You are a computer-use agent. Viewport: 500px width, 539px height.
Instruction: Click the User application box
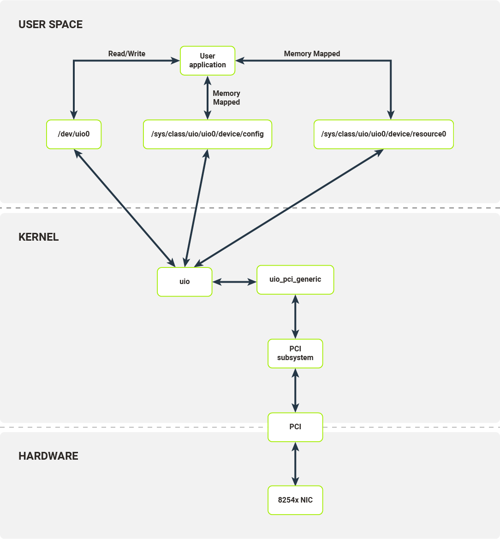click(208, 60)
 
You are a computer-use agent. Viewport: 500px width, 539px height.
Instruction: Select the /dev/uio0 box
click(74, 134)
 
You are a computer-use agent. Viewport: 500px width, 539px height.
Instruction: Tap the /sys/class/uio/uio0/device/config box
click(208, 134)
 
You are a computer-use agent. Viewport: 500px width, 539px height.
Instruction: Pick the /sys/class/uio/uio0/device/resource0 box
click(383, 134)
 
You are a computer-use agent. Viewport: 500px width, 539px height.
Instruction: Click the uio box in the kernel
click(185, 282)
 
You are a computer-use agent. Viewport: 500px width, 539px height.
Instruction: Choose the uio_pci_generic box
click(295, 279)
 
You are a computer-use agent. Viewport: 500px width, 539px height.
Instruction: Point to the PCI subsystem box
click(295, 353)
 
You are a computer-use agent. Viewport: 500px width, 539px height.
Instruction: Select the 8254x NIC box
click(295, 500)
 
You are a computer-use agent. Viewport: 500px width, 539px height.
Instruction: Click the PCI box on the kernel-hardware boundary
click(295, 427)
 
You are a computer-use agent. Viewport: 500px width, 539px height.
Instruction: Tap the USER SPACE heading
click(51, 24)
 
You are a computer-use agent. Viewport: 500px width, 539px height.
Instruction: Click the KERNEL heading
click(38, 237)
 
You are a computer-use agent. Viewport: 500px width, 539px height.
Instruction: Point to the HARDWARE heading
click(48, 456)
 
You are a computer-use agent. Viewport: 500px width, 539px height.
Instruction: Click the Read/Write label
click(126, 53)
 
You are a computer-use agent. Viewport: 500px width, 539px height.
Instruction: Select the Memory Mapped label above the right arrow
click(312, 53)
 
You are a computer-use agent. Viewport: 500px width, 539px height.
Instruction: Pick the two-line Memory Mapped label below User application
click(226, 98)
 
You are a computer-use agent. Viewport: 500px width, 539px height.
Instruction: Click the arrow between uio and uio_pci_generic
click(234, 282)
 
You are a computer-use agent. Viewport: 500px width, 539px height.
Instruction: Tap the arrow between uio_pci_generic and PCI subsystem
click(295, 317)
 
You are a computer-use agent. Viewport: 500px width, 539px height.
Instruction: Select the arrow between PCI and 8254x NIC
click(295, 464)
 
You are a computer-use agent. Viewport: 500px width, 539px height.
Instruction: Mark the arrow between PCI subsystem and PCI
click(295, 390)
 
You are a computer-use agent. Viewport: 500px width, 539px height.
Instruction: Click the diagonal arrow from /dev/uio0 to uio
click(125, 208)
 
